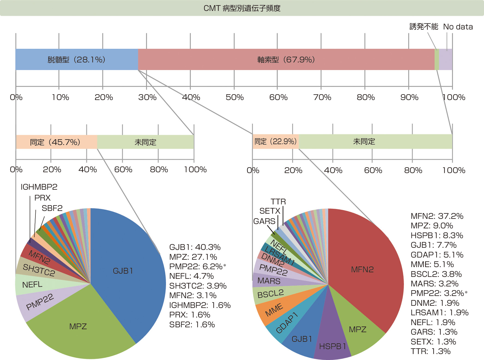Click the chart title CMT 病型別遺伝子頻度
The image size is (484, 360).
[x=242, y=8]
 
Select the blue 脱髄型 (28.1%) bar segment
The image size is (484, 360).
[x=77, y=60]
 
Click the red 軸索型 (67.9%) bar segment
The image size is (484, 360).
[x=286, y=60]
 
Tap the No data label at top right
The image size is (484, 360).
[x=458, y=27]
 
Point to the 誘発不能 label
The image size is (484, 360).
[x=424, y=27]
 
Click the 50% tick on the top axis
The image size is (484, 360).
[x=235, y=97]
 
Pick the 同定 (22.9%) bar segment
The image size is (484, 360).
[x=276, y=141]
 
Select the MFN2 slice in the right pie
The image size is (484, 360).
[x=362, y=270]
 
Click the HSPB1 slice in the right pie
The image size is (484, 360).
[x=332, y=346]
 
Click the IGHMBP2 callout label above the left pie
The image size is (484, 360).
[x=39, y=187]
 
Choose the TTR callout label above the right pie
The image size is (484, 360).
[x=278, y=202]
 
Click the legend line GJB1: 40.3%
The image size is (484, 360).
[x=195, y=247]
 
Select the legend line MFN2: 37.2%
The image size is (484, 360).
[x=437, y=216]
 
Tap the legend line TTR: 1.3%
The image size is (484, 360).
[x=431, y=351]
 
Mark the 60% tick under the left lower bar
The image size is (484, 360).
[x=123, y=170]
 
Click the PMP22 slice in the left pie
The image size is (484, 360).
[x=40, y=302]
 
